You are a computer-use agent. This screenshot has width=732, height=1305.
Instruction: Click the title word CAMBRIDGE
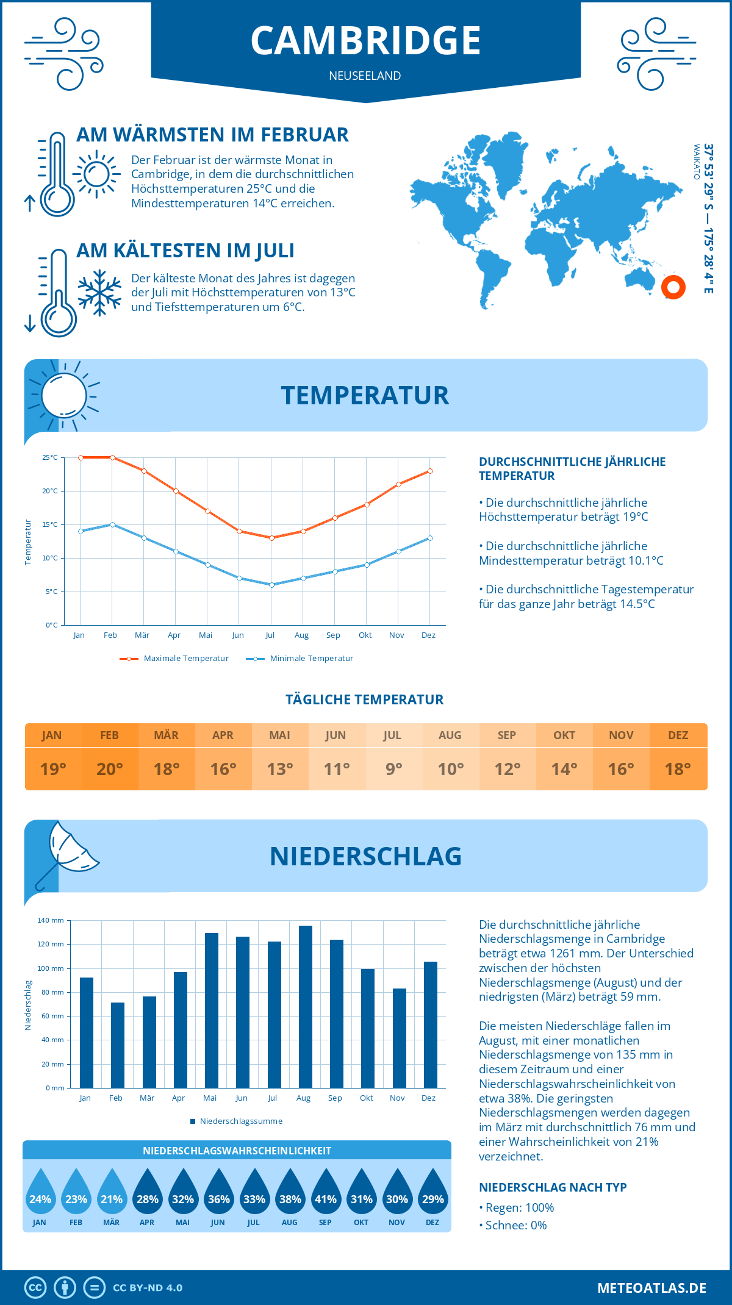pyautogui.click(x=366, y=41)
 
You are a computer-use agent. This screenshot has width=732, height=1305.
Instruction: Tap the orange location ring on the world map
pyautogui.click(x=673, y=287)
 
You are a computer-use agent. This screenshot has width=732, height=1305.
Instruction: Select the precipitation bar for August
pyautogui.click(x=305, y=1006)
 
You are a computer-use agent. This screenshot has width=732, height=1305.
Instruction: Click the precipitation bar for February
pyautogui.click(x=118, y=1045)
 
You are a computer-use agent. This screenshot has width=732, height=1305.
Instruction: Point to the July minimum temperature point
pyautogui.click(x=272, y=585)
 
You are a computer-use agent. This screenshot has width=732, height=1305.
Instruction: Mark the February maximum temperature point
pyautogui.click(x=112, y=457)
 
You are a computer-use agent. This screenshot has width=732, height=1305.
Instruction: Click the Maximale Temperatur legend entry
pyautogui.click(x=174, y=659)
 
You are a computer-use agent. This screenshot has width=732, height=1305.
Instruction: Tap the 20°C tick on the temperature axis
pyautogui.click(x=50, y=491)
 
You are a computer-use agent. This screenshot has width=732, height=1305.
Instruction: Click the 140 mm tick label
pyautogui.click(x=51, y=920)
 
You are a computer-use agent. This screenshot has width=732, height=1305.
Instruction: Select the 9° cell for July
pyautogui.click(x=393, y=769)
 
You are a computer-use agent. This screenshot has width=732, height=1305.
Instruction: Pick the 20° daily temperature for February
pyautogui.click(x=110, y=769)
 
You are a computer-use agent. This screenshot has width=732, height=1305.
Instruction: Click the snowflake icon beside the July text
pyautogui.click(x=99, y=293)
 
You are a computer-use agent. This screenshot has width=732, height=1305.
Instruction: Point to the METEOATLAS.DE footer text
pyautogui.click(x=651, y=1288)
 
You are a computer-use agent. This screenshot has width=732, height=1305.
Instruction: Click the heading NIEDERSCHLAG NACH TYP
pyautogui.click(x=553, y=1187)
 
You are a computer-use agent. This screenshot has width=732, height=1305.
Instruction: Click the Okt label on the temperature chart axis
pyautogui.click(x=365, y=635)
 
